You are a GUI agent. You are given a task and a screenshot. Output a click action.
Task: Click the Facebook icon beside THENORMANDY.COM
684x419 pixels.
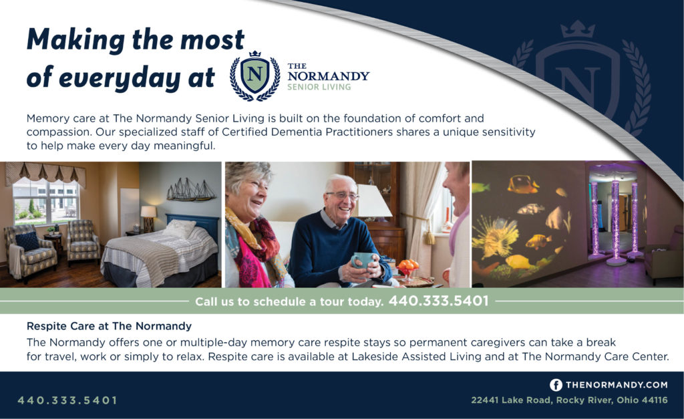point(555,384)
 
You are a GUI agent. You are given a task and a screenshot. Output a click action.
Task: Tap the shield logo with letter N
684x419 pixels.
point(255,76)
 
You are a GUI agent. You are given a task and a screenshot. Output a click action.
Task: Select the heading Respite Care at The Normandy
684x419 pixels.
point(109,326)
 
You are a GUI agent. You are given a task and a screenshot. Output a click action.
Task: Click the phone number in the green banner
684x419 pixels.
point(438,301)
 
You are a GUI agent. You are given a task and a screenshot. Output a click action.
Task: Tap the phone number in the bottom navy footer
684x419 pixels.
point(67,400)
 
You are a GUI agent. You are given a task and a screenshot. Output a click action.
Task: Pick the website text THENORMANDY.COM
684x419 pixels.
point(617,384)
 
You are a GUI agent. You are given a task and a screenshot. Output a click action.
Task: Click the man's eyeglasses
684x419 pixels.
point(342,196)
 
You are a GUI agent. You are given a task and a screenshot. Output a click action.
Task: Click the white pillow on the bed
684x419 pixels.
point(179,229)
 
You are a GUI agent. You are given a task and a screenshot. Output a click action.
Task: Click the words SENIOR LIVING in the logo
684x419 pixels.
point(319,87)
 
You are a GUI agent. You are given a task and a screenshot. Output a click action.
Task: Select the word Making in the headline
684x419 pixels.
point(75,40)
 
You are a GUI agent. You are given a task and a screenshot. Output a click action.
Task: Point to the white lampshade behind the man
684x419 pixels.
point(373,200)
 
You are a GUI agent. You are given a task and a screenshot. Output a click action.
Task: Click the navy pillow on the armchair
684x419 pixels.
point(28,241)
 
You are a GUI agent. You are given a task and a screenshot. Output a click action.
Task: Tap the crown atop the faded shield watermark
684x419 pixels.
point(578,29)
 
